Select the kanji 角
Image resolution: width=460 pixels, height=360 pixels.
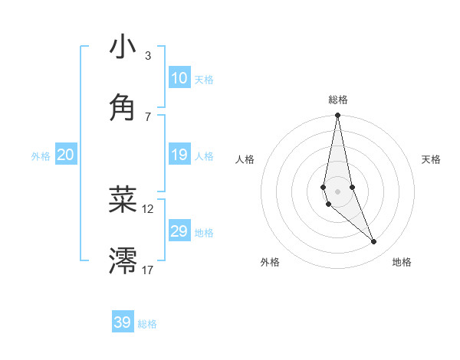click(123, 107)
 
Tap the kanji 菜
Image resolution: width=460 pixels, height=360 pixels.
click(123, 199)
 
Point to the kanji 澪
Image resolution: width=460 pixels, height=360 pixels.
click(123, 260)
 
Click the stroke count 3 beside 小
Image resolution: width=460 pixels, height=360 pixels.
click(148, 55)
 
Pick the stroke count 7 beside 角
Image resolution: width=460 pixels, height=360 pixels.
click(148, 116)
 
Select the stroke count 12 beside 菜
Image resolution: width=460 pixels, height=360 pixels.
click(148, 208)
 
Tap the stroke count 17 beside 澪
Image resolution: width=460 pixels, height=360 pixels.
click(148, 270)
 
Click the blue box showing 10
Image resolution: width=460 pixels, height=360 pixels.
click(179, 78)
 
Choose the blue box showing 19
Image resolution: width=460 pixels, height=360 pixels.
click(179, 155)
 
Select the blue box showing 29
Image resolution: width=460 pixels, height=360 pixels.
click(179, 231)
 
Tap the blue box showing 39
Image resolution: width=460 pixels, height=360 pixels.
click(123, 322)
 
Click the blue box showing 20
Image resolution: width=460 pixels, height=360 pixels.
click(65, 155)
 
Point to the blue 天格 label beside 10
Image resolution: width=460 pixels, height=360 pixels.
click(204, 80)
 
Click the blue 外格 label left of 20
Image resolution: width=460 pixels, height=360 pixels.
click(41, 156)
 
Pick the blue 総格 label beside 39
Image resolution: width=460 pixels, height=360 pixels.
click(147, 324)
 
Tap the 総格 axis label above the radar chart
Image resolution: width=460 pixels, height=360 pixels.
click(338, 100)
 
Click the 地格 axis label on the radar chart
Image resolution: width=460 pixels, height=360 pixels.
click(402, 262)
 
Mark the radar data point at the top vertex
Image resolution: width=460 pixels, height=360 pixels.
click(338, 116)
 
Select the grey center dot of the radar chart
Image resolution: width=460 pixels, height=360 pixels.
click(338, 191)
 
